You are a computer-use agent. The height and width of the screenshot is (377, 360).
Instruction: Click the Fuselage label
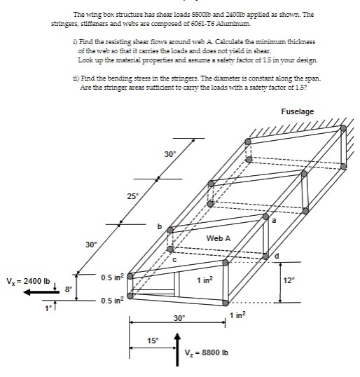click(298, 111)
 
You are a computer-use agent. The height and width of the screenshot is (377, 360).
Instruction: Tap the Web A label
click(218, 239)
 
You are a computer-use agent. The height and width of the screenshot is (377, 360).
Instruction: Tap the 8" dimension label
click(68, 287)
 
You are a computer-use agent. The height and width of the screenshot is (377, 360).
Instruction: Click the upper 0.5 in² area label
click(112, 278)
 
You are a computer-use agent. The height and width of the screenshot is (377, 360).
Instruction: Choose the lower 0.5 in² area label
click(112, 301)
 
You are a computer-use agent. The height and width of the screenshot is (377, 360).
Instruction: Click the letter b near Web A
click(160, 226)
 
